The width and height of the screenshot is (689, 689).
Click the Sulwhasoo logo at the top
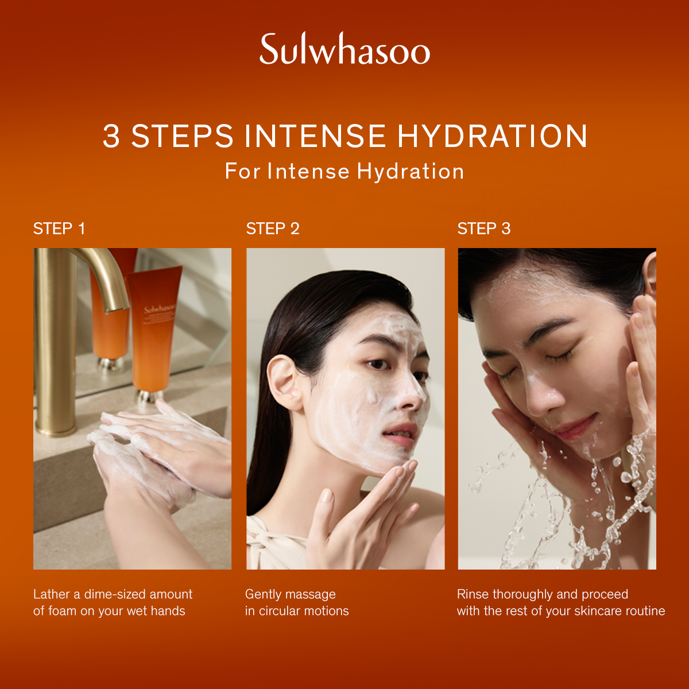tap(344, 49)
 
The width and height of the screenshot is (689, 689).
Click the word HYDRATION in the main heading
tap(492, 136)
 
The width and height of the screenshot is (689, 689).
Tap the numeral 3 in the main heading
tap(111, 136)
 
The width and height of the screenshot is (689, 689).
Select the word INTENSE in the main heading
tap(315, 136)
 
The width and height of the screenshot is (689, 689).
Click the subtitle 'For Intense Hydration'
tap(344, 171)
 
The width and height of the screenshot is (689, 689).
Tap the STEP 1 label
tap(59, 229)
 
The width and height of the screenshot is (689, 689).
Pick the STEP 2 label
tap(273, 229)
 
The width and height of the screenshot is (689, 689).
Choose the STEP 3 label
tap(484, 229)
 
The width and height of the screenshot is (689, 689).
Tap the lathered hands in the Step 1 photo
tap(154, 454)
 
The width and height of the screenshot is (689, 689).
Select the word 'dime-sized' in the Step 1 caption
tap(114, 595)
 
